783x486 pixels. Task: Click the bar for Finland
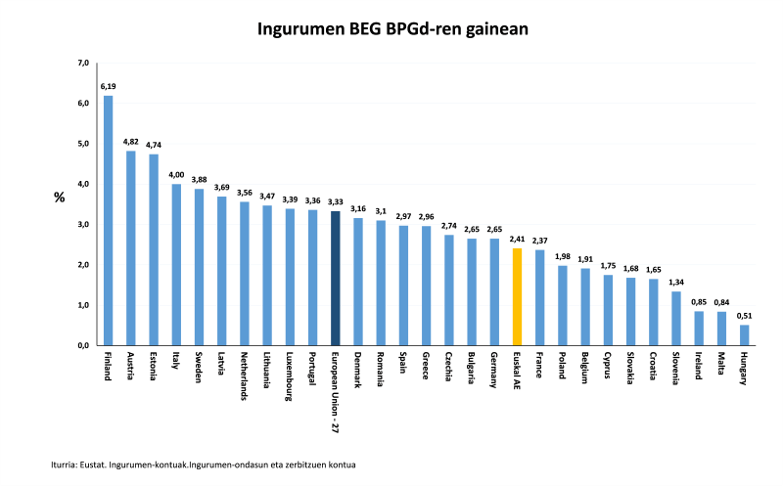point(108,220)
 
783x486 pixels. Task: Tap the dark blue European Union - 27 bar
point(335,278)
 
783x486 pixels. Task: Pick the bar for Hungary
point(744,334)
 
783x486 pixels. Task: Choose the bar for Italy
point(176,264)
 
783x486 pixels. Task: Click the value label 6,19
point(108,86)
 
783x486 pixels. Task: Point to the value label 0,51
point(744,315)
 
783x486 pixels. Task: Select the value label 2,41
point(517,239)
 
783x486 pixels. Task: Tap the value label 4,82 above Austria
point(131,142)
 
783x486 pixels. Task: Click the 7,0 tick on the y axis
point(83,64)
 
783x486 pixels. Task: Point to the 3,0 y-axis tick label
point(83,225)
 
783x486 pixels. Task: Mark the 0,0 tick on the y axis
point(83,345)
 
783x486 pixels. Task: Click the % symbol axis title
point(59,197)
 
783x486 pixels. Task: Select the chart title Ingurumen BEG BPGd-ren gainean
point(392,29)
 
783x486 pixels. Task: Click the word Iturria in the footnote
point(68,464)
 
